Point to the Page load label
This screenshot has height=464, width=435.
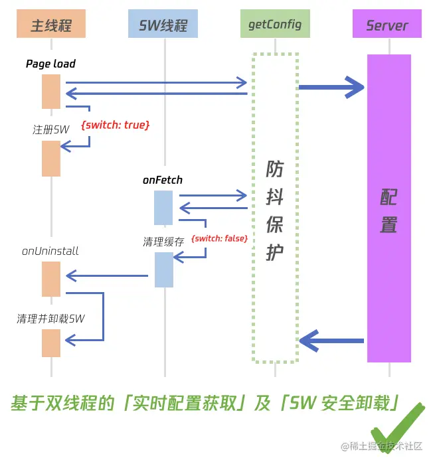[50, 64]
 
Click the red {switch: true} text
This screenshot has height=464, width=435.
[115, 125]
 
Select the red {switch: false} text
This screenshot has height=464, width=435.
[219, 238]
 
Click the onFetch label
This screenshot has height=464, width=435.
[162, 180]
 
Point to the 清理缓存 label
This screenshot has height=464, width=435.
[163, 242]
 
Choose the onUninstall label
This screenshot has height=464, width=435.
[50, 251]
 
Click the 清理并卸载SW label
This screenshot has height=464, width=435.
[51, 319]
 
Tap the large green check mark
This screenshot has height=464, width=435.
[397, 428]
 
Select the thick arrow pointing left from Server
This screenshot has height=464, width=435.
[331, 341]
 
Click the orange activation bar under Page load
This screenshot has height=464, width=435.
[51, 91]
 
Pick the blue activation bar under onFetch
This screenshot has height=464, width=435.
[163, 208]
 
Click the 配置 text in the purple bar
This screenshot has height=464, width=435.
[389, 210]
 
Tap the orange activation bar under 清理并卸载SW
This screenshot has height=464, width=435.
[51, 343]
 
